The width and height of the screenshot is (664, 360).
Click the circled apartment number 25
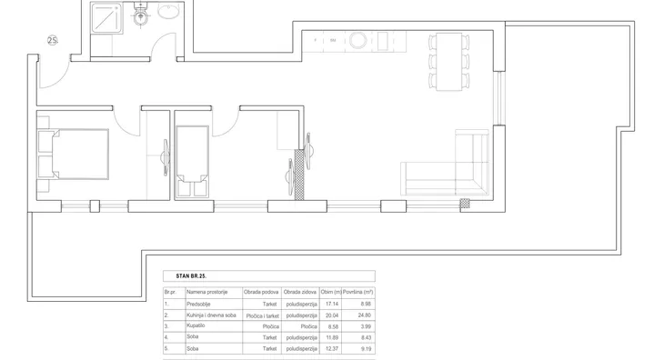pos(53,41)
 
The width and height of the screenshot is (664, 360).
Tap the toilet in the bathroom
pos(141,14)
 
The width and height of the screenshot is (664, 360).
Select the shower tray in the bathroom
pos(106,17)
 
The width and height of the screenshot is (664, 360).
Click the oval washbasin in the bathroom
pos(168,11)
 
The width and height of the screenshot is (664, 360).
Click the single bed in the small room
pos(192,162)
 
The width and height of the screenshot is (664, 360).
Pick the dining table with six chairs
pos(448,62)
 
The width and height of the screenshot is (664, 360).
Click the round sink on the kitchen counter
pos(357,41)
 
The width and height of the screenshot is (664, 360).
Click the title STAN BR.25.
pos(191,276)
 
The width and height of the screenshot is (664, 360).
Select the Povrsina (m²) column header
pos(357,293)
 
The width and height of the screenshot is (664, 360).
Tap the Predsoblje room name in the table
pos(198,305)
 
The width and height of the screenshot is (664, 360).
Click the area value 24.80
pos(364,315)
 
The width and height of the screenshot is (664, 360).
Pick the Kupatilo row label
pos(196,325)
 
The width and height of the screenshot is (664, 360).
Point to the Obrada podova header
pos(261,293)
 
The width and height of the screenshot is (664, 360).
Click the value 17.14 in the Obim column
pos(332,305)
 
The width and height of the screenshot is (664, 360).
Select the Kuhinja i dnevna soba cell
pos(211,315)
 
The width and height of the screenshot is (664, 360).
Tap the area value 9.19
pos(366,349)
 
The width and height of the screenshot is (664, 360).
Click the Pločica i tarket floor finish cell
pos(263,316)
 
